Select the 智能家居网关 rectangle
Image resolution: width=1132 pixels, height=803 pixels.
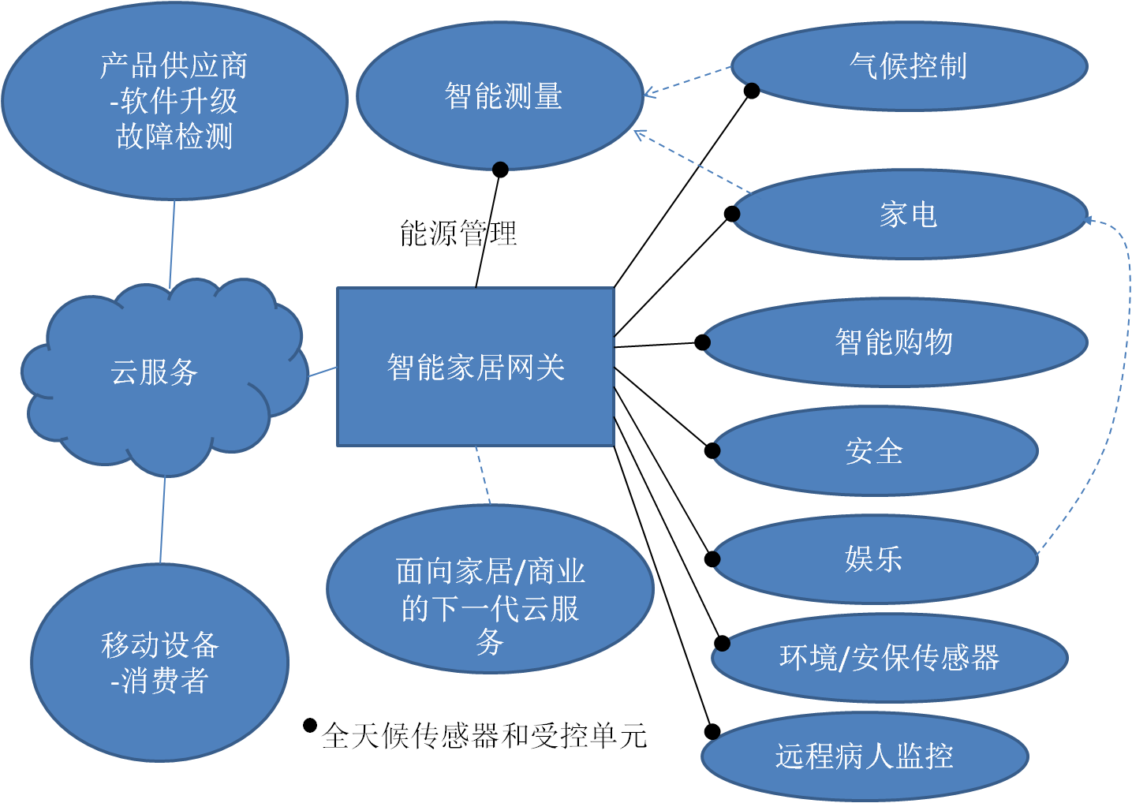click(476, 367)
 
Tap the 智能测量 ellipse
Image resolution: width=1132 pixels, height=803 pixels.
click(500, 95)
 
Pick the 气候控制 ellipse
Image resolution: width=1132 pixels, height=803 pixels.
click(909, 65)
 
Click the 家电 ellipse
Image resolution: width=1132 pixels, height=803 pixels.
click(909, 214)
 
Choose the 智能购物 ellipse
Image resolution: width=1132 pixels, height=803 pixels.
click(895, 342)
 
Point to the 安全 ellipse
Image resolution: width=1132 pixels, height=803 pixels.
click(874, 451)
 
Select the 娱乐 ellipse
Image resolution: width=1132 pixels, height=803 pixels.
click(874, 558)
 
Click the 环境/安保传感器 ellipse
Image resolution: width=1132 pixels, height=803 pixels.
click(889, 657)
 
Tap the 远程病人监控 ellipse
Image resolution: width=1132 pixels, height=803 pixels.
click(865, 756)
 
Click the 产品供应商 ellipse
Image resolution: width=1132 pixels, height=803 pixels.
click(174, 101)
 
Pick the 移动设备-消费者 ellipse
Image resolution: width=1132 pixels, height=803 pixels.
click(160, 663)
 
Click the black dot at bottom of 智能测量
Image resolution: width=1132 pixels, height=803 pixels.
click(499, 167)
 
